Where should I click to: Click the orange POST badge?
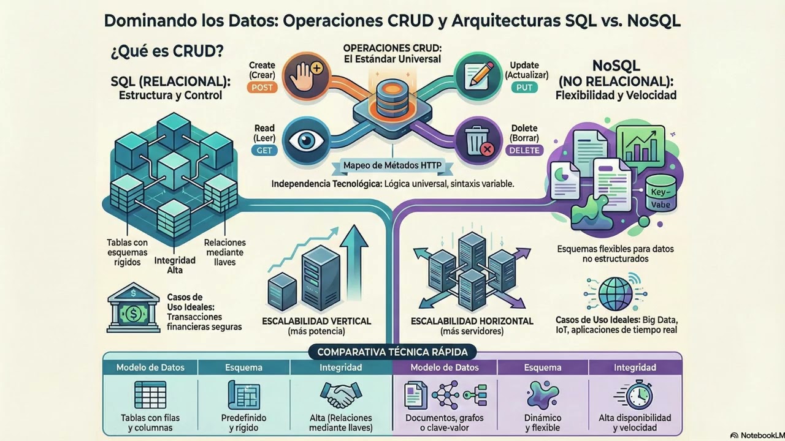tap(262, 88)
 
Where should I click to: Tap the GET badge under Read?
tap(264, 151)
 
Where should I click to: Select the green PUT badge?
tap(524, 88)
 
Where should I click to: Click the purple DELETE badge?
tap(524, 151)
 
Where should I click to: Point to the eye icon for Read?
tap(306, 141)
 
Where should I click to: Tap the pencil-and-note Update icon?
tap(478, 75)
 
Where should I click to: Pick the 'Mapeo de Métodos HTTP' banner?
tap(392, 165)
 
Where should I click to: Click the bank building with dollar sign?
tap(133, 307)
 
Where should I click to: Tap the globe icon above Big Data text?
tap(615, 293)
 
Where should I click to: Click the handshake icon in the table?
tap(340, 394)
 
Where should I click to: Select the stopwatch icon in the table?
tap(635, 395)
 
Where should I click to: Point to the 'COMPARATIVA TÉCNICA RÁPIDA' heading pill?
tap(392, 352)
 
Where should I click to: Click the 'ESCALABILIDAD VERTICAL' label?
tap(316, 321)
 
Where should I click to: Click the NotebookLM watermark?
tap(757, 435)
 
